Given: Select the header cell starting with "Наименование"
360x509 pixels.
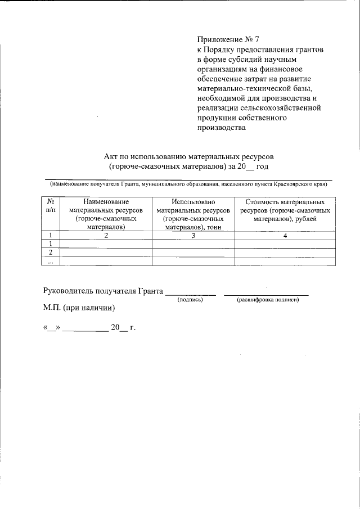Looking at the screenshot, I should [x=106, y=214].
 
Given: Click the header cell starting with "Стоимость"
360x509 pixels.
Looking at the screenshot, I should [x=285, y=210].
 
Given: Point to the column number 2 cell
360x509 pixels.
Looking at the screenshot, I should [x=106, y=236].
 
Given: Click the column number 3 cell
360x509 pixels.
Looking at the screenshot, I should [x=193, y=236].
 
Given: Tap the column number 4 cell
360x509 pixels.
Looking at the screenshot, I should [x=285, y=236].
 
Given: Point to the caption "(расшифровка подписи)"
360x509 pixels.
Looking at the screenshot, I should [x=267, y=300].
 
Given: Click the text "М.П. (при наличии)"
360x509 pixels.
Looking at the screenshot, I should [x=79, y=308].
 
